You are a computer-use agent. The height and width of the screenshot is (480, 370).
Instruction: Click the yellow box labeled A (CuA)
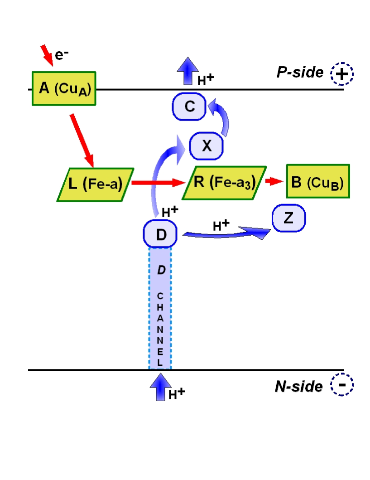pos(64,88)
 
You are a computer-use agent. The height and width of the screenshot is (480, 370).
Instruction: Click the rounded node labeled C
pos(189,107)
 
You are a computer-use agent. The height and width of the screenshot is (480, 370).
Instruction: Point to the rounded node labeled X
pos(207,145)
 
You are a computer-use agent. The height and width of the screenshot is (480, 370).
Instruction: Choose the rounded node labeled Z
pos(289,219)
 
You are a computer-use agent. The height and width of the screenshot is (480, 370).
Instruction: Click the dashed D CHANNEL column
pos(160,308)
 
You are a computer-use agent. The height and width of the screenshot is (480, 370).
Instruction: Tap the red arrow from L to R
pos(159,183)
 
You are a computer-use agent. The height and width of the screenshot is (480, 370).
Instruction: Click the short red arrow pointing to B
pos(274,182)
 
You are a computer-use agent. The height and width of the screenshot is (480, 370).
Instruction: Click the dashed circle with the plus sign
pos(342,74)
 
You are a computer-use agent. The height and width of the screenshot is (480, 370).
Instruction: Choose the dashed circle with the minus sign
pos(342,386)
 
